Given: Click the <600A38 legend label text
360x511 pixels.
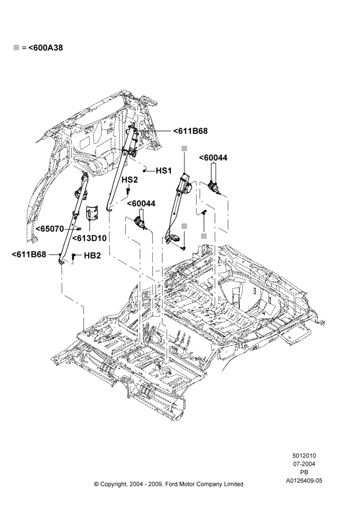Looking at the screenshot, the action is tap(46, 48).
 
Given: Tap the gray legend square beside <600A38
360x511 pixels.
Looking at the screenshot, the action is tap(16, 48).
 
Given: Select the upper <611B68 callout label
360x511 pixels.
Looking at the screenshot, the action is tap(190, 131).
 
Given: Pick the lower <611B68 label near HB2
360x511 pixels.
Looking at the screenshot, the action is tap(29, 254).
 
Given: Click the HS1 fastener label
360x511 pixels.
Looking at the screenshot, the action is tap(164, 171).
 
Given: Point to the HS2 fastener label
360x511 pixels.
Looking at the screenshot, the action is tap(130, 180).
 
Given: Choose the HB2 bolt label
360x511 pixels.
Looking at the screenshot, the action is tap(92, 256).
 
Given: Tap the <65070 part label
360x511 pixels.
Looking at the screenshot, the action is tap(50, 229).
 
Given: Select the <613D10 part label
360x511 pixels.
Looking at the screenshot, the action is tap(89, 238).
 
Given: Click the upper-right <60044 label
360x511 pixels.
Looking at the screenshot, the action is tap(213, 158).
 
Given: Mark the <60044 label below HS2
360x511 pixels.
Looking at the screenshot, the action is tap(141, 204).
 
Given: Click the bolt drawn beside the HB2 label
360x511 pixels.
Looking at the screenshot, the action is tap(73, 257).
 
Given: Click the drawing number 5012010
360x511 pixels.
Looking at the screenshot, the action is tap(304, 456).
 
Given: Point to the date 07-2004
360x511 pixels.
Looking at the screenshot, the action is tap(304, 464).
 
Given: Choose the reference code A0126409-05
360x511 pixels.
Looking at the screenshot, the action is tap(304, 481).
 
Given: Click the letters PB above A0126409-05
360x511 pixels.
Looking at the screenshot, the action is tap(304, 472).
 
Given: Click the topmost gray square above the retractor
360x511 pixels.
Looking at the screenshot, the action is tap(184, 149).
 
